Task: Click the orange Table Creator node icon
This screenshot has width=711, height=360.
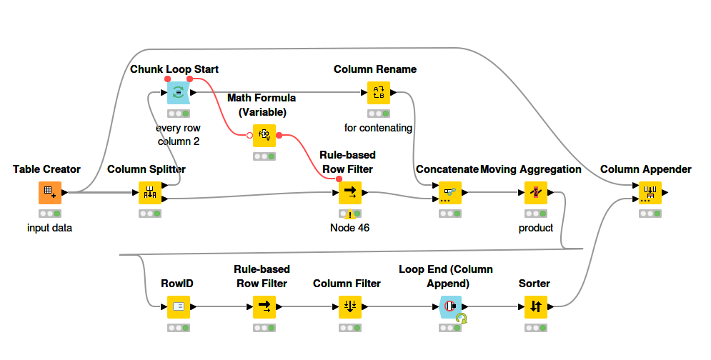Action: click(50, 192)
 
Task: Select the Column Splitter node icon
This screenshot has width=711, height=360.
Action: click(150, 192)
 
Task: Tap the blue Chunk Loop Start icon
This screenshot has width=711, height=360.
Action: click(179, 92)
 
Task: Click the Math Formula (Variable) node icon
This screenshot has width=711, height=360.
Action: click(264, 135)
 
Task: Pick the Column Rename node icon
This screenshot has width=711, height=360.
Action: click(379, 92)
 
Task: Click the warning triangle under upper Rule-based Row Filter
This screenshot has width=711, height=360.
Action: click(349, 214)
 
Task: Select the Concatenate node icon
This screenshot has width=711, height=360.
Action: click(450, 192)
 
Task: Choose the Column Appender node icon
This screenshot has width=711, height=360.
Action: click(650, 192)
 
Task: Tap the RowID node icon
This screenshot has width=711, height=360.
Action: click(179, 306)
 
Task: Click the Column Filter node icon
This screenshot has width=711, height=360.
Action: click(350, 306)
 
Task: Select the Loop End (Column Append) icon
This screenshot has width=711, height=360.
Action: click(450, 306)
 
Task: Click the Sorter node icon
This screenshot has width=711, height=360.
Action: click(536, 306)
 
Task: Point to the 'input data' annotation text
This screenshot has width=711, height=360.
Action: click(50, 228)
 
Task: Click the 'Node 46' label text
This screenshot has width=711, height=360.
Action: click(349, 228)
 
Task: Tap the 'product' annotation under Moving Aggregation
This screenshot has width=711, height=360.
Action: click(536, 228)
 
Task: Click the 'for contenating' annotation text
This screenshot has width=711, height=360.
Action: click(379, 128)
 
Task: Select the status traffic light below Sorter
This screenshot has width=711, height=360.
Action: click(536, 328)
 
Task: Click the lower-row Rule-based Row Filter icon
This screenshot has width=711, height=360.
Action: click(264, 306)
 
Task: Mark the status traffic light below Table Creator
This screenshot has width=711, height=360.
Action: click(50, 214)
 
